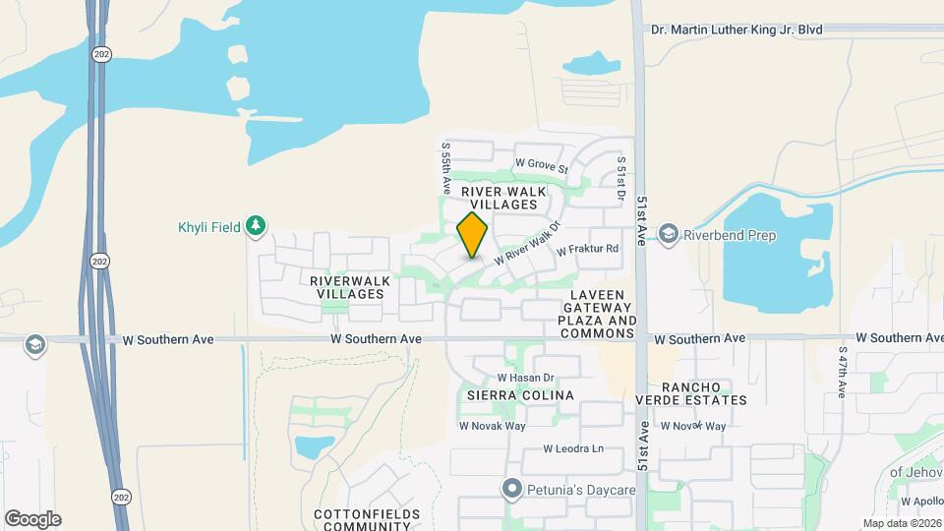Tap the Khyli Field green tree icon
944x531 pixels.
pos(256,227)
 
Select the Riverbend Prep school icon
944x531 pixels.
pos(670,234)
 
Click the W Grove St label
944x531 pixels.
pos(542,166)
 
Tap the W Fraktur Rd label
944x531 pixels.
pos(587,250)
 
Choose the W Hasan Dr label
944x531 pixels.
pos(526,378)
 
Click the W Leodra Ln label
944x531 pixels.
pos(574,449)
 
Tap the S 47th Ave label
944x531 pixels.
pos(843,372)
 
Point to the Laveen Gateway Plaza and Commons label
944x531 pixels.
pos(598,315)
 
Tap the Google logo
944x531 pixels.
pos(32,519)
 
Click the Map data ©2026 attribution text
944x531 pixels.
pos(902,523)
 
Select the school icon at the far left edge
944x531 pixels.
pos(35,345)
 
